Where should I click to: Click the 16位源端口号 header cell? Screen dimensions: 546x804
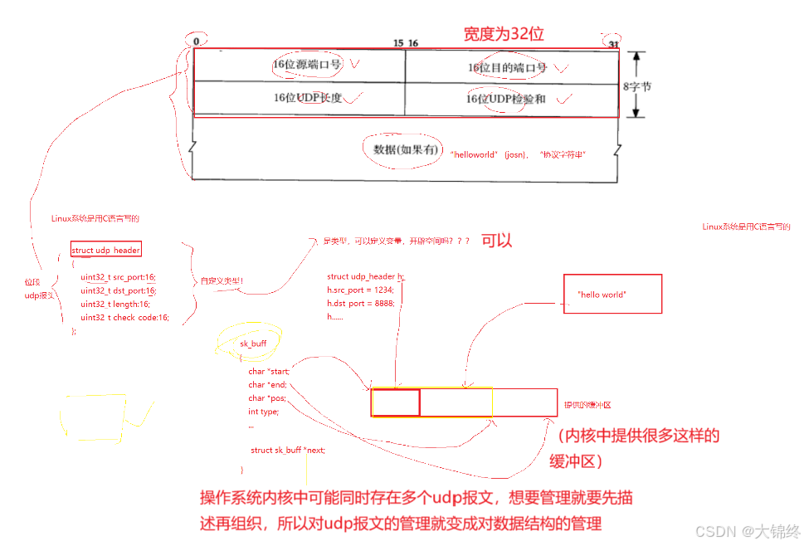(x=300, y=65)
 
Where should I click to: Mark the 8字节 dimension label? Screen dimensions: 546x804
(x=637, y=85)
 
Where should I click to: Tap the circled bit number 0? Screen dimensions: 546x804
(x=197, y=41)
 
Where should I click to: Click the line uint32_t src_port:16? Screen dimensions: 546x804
(x=118, y=277)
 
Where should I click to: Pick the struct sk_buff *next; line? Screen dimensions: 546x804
(x=288, y=450)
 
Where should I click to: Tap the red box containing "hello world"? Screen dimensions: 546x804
(x=612, y=294)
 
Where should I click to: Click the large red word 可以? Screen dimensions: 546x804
(x=497, y=241)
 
